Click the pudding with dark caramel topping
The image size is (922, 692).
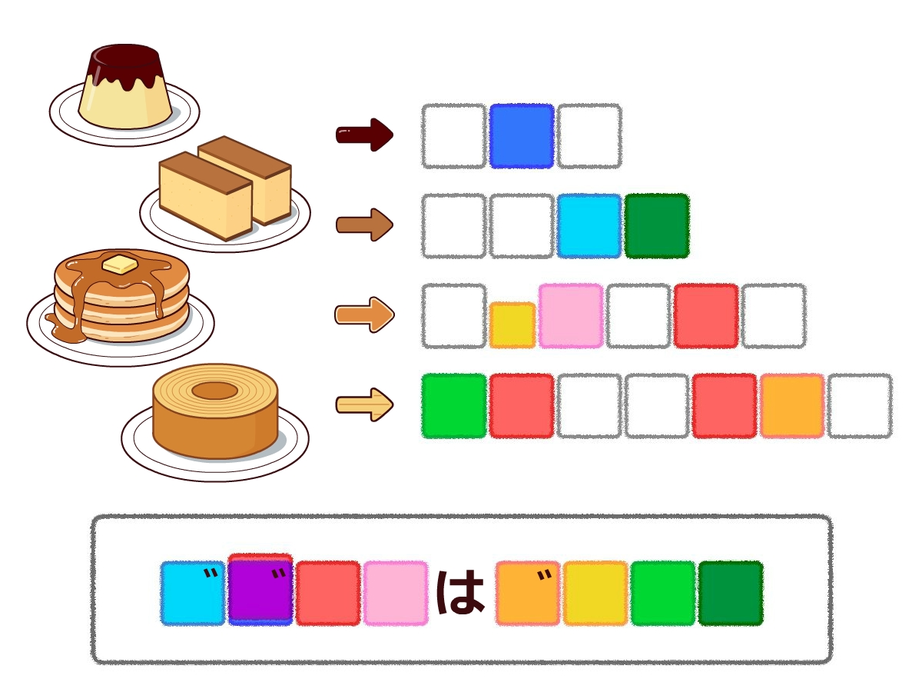(x=124, y=88)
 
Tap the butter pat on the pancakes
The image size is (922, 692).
(x=119, y=264)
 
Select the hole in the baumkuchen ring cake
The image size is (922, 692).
(x=214, y=391)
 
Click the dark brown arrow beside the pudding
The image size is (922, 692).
(x=364, y=135)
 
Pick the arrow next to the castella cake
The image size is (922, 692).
(x=364, y=225)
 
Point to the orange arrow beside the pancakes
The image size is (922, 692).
(x=364, y=314)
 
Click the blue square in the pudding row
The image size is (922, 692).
(x=522, y=136)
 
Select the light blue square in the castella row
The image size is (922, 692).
(x=589, y=226)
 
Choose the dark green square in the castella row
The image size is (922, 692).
(x=657, y=226)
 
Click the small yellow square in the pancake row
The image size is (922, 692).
(x=512, y=324)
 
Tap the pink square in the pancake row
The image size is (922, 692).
(x=571, y=315)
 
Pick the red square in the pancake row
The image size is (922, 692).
(x=706, y=315)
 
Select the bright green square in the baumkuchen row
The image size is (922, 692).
(x=454, y=406)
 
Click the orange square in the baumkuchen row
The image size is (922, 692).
(x=792, y=406)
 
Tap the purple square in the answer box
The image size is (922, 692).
(x=260, y=592)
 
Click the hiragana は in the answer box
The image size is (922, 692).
(x=461, y=593)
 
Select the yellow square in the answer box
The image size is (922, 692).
(x=595, y=593)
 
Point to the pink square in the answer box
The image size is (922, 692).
(x=396, y=593)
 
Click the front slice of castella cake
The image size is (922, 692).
(x=205, y=196)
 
